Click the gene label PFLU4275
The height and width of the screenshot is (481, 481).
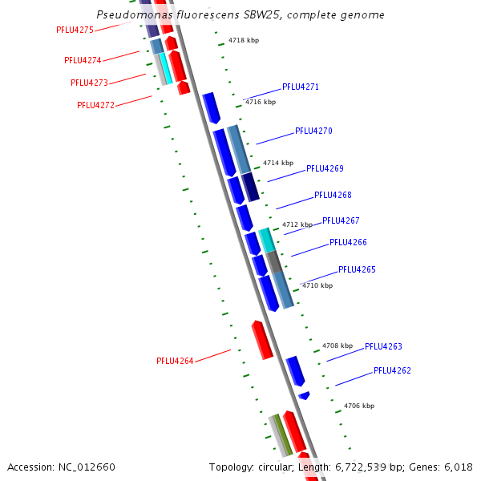pos(75,30)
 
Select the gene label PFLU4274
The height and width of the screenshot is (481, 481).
pos(83,60)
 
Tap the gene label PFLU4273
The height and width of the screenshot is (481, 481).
pos(89,83)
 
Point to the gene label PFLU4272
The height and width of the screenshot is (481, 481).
pos(95,105)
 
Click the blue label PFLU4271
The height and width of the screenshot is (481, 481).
pos(301,87)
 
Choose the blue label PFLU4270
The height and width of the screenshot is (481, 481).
pos(313,131)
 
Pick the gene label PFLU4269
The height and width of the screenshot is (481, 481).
pos(325,168)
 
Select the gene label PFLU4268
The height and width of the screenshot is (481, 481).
pos(333,195)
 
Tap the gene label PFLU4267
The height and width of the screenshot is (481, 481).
pos(341,220)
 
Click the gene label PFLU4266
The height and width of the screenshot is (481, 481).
pos(348,242)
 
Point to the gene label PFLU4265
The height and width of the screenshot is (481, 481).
pos(357,269)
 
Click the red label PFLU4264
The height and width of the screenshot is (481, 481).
pos(175,361)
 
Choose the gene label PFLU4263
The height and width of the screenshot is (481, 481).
pos(383,346)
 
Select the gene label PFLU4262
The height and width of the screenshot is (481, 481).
pos(392,371)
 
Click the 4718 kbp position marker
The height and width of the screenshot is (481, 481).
pos(244,39)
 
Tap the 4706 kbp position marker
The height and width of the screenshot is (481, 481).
pos(359,406)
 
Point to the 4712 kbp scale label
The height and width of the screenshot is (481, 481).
pos(297,224)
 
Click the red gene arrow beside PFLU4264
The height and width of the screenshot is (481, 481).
pos(262,339)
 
